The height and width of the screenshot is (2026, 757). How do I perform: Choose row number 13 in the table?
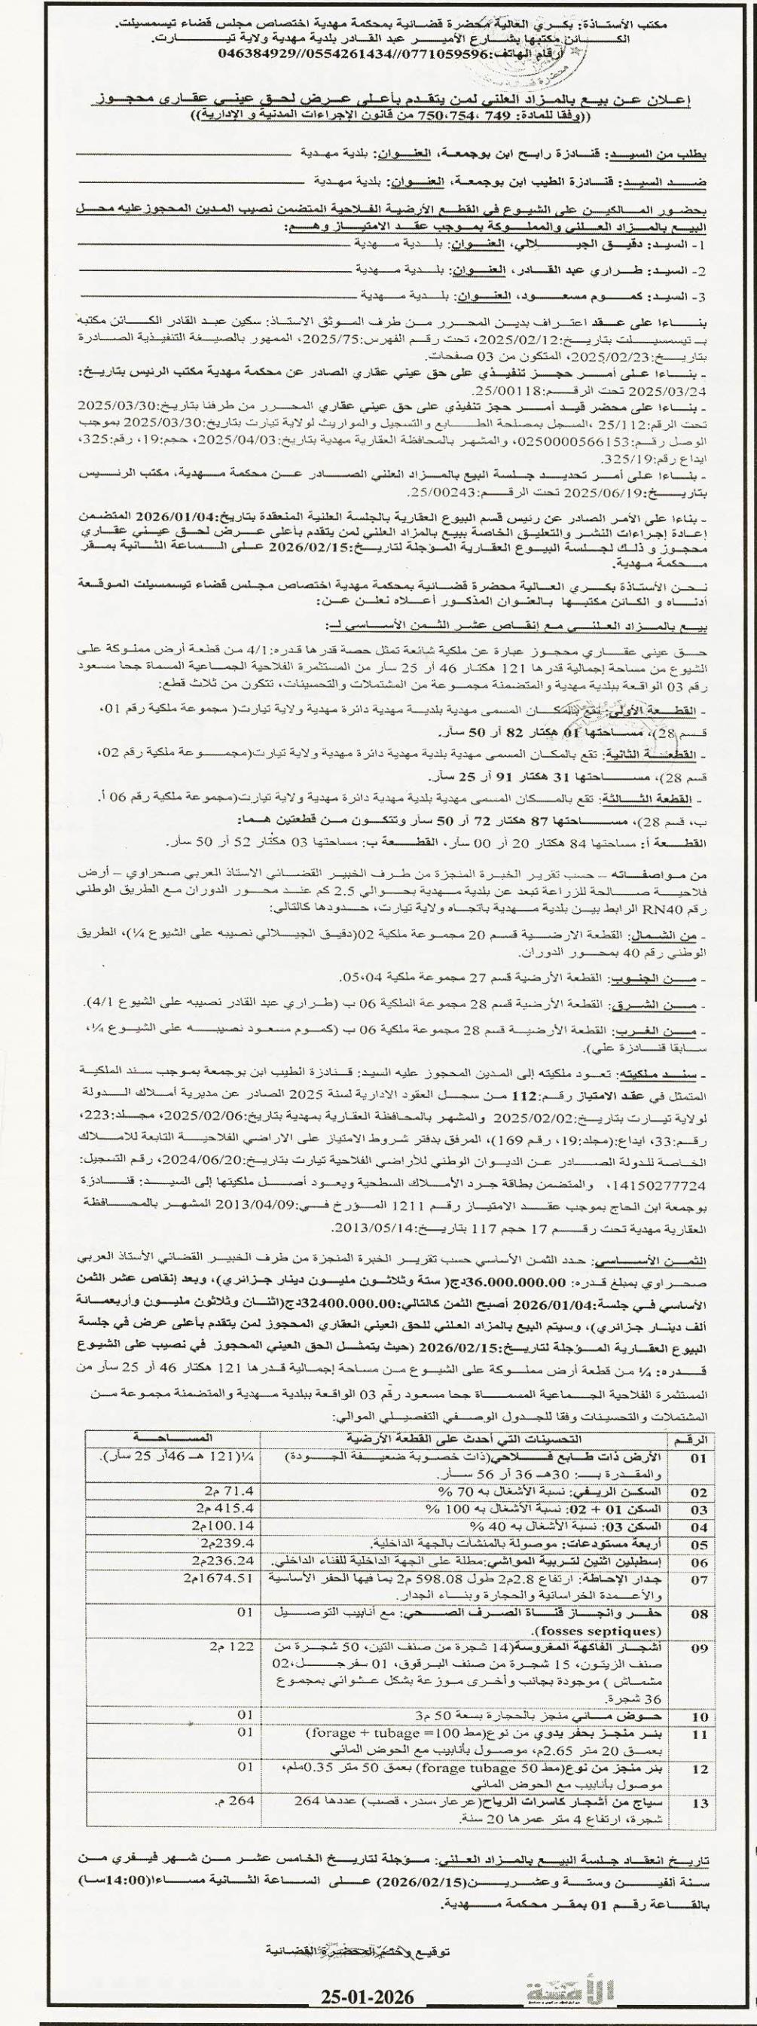(x=698, y=1819)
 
